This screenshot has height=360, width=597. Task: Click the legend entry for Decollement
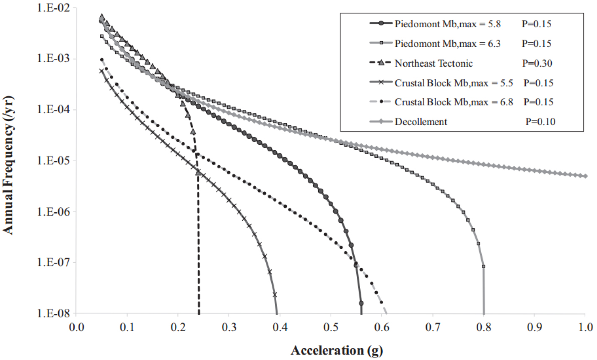tap(421, 122)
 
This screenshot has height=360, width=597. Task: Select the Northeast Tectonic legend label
tap(433, 63)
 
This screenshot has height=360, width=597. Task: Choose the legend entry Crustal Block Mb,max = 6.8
tap(454, 102)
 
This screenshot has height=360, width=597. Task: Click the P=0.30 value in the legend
tap(537, 63)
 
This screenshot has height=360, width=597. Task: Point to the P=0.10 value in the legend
tap(540, 122)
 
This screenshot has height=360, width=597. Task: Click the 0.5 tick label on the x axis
tap(331, 326)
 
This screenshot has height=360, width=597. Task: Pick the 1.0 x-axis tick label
tap(585, 326)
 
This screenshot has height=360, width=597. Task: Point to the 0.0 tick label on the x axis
tap(76, 326)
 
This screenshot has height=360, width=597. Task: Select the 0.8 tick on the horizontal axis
tap(483, 326)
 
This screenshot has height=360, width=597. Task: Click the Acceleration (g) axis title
tap(337, 350)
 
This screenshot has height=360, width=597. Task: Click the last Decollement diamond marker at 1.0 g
tap(585, 176)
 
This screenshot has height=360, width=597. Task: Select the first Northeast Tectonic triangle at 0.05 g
tap(102, 17)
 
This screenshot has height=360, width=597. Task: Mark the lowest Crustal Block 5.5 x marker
tap(275, 295)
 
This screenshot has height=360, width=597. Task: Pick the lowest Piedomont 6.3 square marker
tap(483, 266)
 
